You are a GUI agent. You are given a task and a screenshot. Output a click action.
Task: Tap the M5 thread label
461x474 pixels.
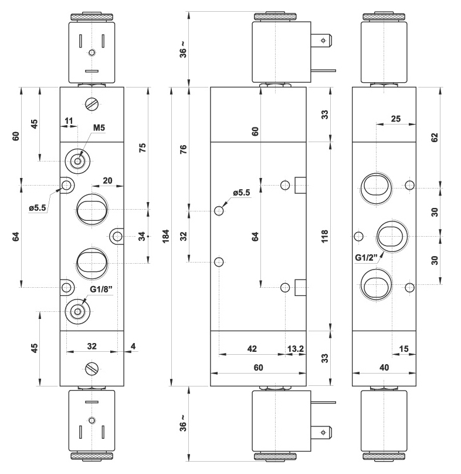pos(99,128)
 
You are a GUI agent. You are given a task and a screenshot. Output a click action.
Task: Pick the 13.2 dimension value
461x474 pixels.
pos(294,349)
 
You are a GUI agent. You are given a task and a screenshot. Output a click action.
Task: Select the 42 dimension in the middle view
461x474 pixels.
pos(252,349)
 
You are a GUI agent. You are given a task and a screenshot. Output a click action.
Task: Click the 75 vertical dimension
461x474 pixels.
pos(142,148)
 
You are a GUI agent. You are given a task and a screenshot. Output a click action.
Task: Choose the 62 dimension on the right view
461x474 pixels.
pos(434,137)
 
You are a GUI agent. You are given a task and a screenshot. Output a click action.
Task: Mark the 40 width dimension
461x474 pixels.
pos(384,368)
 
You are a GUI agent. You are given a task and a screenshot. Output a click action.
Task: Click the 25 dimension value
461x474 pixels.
pos(395,119)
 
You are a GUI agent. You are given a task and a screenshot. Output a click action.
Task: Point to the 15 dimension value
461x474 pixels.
pos(404,349)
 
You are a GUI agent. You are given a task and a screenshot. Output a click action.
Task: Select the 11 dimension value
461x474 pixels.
pos(69,121)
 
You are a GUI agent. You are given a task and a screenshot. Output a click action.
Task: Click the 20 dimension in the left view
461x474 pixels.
pos(107,180)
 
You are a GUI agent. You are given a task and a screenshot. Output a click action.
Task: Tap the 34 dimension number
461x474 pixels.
pos(141,236)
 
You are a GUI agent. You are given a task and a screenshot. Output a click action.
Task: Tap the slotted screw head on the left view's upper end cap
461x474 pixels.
pos(91,103)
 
